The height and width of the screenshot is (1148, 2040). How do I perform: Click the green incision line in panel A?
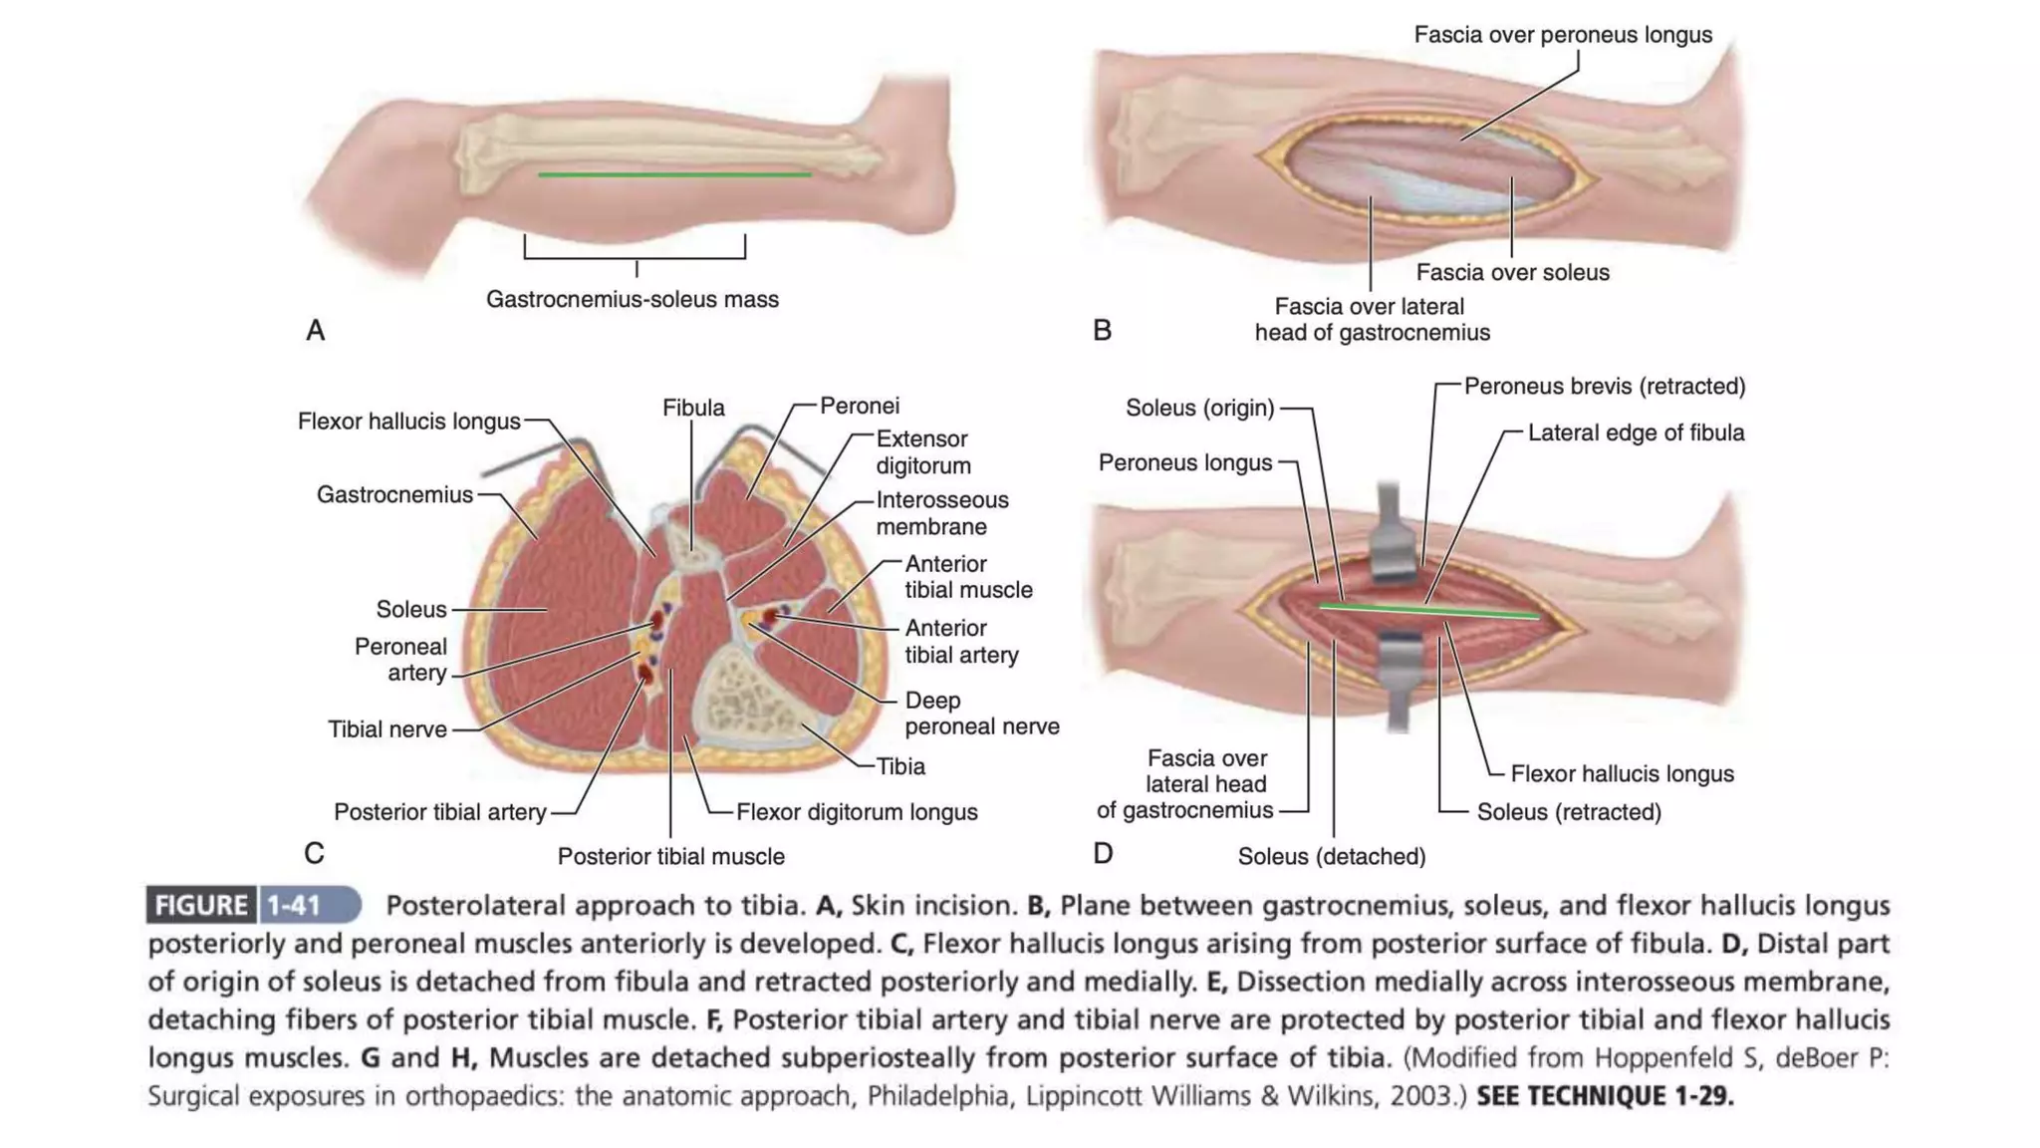(674, 174)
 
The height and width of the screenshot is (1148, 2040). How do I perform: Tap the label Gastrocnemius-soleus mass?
(632, 299)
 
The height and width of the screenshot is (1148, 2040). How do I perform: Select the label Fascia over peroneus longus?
(1562, 35)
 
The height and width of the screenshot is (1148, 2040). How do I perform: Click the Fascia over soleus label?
(1512, 272)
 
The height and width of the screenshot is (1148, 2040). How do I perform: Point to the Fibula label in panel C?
(693, 408)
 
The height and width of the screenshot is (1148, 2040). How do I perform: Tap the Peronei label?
(859, 406)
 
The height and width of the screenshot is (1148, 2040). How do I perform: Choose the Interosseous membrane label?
(941, 513)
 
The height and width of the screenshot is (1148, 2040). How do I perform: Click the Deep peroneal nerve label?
(981, 714)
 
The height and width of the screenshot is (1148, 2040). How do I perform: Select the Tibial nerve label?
(387, 729)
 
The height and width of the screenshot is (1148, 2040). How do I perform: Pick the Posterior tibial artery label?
(439, 812)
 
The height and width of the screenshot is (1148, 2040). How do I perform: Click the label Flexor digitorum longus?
(857, 812)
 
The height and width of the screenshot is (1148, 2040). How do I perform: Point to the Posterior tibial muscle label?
(670, 856)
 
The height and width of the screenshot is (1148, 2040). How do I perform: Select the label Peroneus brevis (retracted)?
(1604, 386)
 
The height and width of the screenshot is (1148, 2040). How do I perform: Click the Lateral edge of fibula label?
(1636, 432)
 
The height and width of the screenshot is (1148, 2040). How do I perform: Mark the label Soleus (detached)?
(1331, 856)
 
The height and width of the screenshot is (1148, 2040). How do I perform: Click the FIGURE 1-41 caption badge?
(253, 905)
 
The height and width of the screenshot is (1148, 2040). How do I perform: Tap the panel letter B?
(1102, 330)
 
